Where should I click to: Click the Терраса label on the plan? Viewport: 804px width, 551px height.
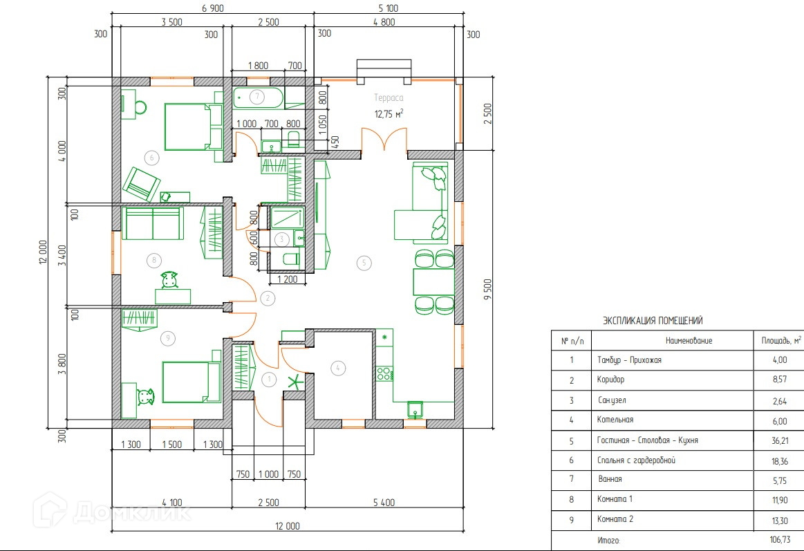click(388, 98)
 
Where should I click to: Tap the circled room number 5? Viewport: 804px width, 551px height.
click(364, 263)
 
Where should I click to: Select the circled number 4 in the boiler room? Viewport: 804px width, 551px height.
click(338, 368)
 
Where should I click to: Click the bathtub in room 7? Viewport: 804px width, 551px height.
click(258, 98)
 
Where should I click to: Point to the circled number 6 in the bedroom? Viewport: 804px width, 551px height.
click(152, 158)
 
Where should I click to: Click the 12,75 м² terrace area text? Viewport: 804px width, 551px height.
click(389, 114)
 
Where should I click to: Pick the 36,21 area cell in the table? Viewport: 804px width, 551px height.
click(780, 440)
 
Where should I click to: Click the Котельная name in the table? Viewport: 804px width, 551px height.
click(615, 420)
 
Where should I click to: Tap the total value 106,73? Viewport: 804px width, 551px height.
click(780, 540)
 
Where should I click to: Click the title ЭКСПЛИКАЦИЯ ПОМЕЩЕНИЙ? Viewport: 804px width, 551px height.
click(652, 321)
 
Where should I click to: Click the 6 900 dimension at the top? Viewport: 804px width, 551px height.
click(213, 8)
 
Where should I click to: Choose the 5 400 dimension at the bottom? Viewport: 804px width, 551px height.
click(384, 503)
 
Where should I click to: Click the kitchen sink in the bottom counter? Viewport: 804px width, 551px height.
click(415, 409)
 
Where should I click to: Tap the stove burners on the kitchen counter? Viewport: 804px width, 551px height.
click(384, 373)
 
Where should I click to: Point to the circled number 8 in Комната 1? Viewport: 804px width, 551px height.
click(154, 261)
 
